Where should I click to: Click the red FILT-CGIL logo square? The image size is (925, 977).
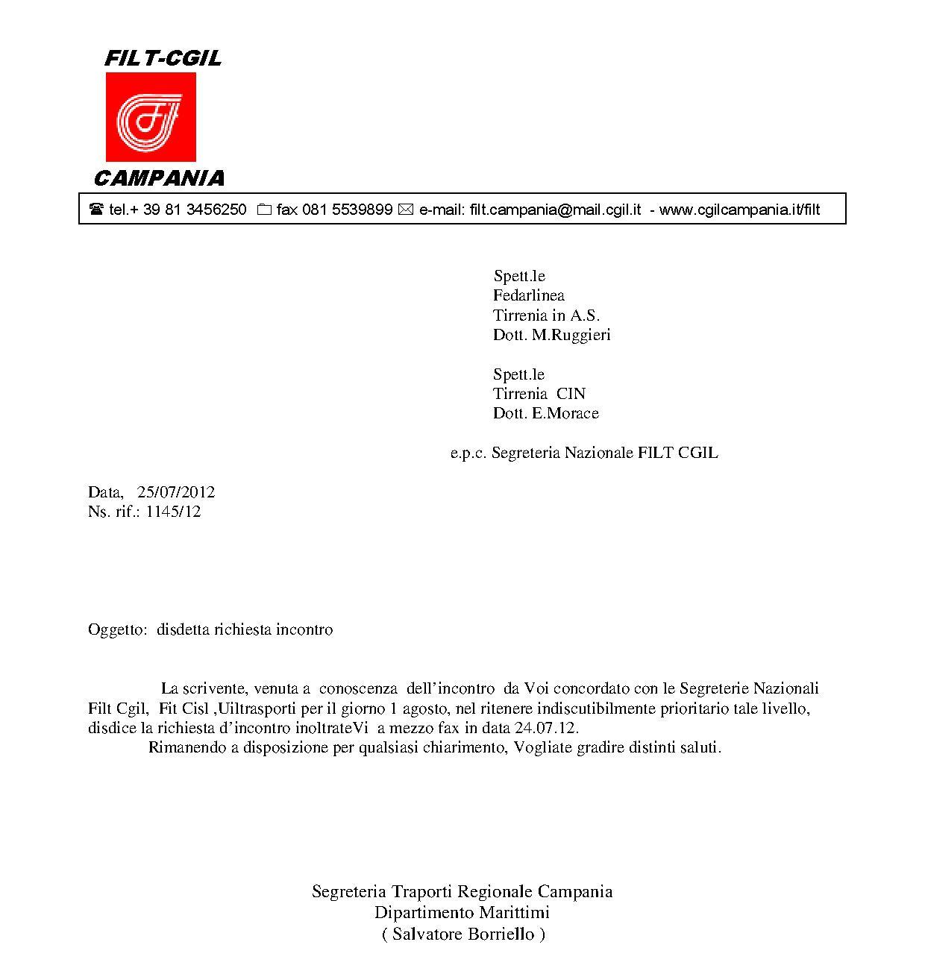151,117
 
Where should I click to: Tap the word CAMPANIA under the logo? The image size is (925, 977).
159,178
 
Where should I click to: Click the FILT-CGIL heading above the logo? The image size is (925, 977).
163,58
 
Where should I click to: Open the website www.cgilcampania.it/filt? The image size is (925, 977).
739,210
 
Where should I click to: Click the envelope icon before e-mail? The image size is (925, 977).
406,210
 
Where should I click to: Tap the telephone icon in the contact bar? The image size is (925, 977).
96,210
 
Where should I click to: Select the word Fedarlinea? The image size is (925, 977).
528,295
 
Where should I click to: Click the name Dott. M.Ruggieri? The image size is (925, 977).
551,335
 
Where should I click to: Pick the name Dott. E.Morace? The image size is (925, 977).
545,413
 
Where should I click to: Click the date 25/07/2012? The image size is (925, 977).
176,492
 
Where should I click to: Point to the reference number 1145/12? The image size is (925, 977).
173,512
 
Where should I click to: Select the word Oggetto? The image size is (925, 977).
116,629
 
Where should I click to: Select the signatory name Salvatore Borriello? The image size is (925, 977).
463,934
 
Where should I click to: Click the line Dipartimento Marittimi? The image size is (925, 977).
462,912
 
